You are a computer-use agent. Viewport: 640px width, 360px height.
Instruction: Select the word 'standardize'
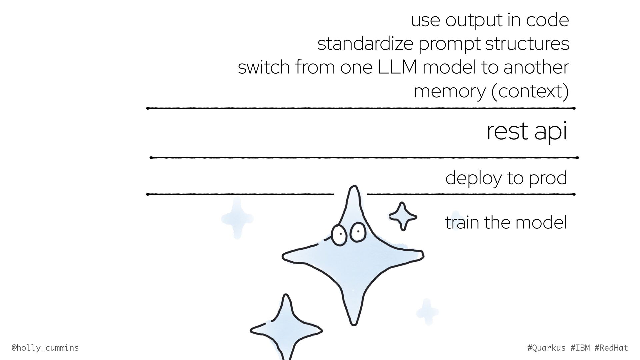click(x=365, y=44)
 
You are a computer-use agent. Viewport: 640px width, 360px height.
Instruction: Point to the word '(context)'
click(x=530, y=91)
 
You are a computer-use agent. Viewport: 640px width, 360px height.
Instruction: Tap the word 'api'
click(x=550, y=132)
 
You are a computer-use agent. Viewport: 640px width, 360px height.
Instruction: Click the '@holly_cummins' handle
click(x=45, y=348)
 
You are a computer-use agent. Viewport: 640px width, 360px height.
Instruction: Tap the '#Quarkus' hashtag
click(x=547, y=348)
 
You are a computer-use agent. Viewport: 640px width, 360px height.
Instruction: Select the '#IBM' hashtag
click(x=580, y=348)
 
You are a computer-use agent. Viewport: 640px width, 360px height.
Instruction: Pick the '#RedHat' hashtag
click(x=611, y=348)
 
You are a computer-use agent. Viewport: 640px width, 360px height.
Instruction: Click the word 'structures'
click(x=527, y=44)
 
